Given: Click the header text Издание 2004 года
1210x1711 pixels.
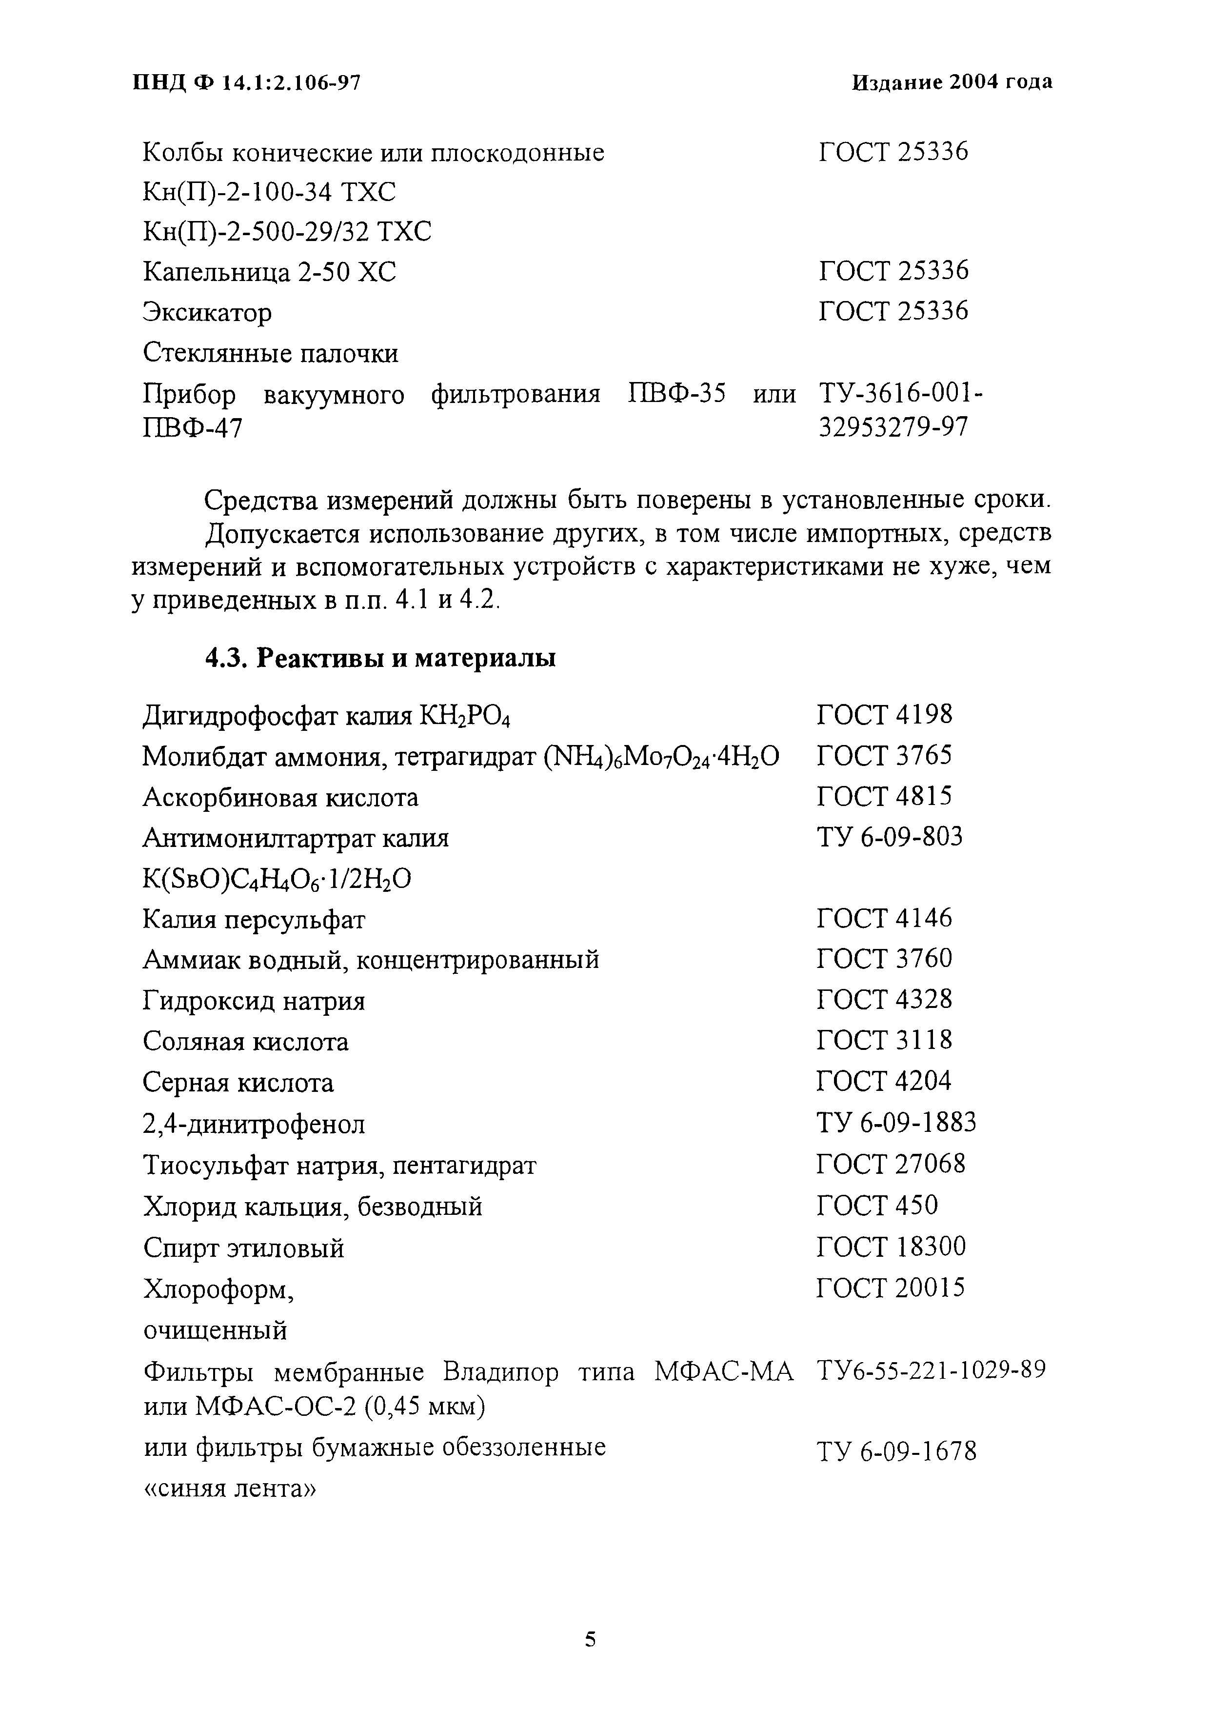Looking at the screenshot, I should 952,83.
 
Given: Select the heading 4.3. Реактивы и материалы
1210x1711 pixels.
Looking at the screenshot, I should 380,658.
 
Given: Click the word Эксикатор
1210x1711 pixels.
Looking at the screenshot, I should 207,312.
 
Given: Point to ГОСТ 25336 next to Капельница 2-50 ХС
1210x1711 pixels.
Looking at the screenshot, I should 893,270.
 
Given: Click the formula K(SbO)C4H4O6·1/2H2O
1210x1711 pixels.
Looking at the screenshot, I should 277,880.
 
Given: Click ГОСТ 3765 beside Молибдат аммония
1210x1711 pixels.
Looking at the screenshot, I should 884,756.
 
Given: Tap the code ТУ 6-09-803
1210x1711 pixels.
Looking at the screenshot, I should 890,837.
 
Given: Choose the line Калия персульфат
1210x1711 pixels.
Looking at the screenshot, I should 253,920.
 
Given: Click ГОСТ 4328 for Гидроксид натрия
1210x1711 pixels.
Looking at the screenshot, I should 884,999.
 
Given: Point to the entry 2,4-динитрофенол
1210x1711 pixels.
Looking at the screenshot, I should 253,1124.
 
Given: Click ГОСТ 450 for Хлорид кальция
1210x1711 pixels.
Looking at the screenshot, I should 877,1205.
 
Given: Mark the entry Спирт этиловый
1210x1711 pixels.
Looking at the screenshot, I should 243,1248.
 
